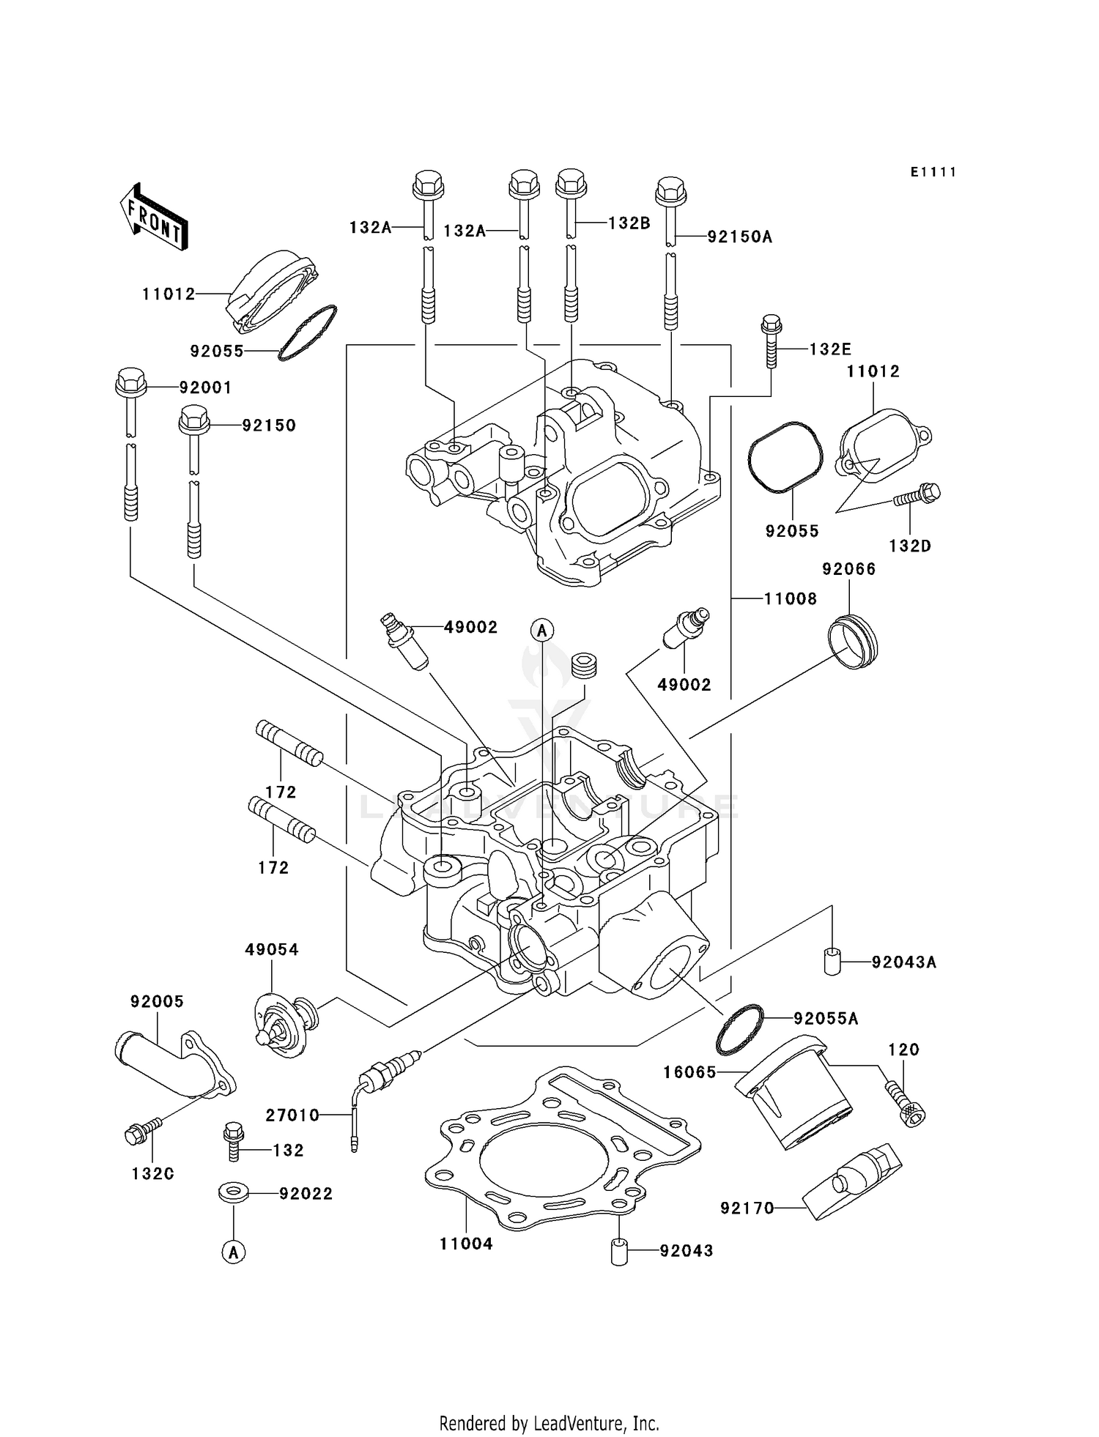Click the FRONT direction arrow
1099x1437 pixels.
(154, 218)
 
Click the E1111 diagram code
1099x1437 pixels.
(933, 172)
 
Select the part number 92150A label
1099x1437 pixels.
(739, 237)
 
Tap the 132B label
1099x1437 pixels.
(629, 223)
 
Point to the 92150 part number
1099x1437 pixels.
(269, 426)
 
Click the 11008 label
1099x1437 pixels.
(790, 598)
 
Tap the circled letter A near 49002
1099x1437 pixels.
(542, 629)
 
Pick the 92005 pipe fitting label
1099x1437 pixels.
(157, 1001)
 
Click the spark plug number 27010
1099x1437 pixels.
(292, 1115)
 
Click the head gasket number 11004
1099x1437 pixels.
(466, 1244)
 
